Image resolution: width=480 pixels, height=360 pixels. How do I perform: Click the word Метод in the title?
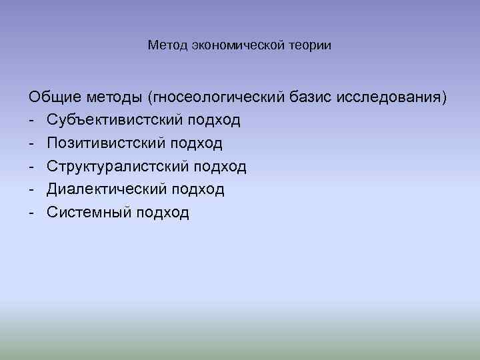167,46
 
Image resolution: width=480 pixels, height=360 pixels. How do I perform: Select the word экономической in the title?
239,46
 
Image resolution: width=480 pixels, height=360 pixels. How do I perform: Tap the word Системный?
90,213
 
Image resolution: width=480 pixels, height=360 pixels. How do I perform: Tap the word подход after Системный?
163,213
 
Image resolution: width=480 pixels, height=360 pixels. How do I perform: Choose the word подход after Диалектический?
198,189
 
